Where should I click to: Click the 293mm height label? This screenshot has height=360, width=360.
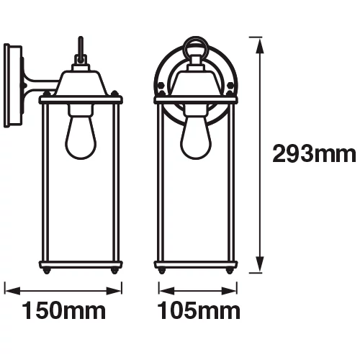coord(314,153)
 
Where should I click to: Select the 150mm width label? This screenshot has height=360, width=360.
coord(63,312)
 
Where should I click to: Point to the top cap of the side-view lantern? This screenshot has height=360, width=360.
coord(80,83)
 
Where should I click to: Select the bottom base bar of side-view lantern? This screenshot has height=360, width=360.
coord(81,266)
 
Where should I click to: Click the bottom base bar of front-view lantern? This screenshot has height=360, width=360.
coord(196,266)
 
